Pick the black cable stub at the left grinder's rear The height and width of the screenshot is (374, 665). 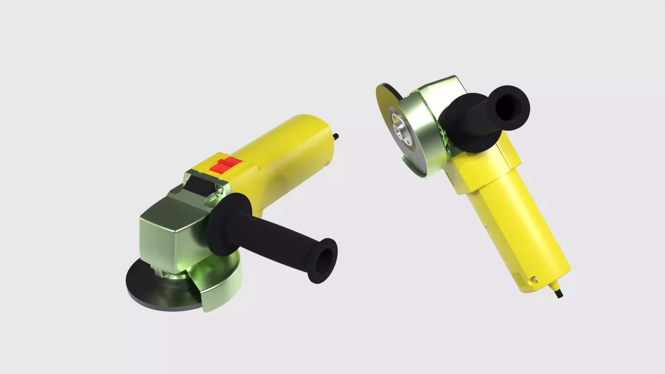coord(336,136)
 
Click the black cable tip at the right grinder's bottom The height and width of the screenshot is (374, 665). coord(559,294)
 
